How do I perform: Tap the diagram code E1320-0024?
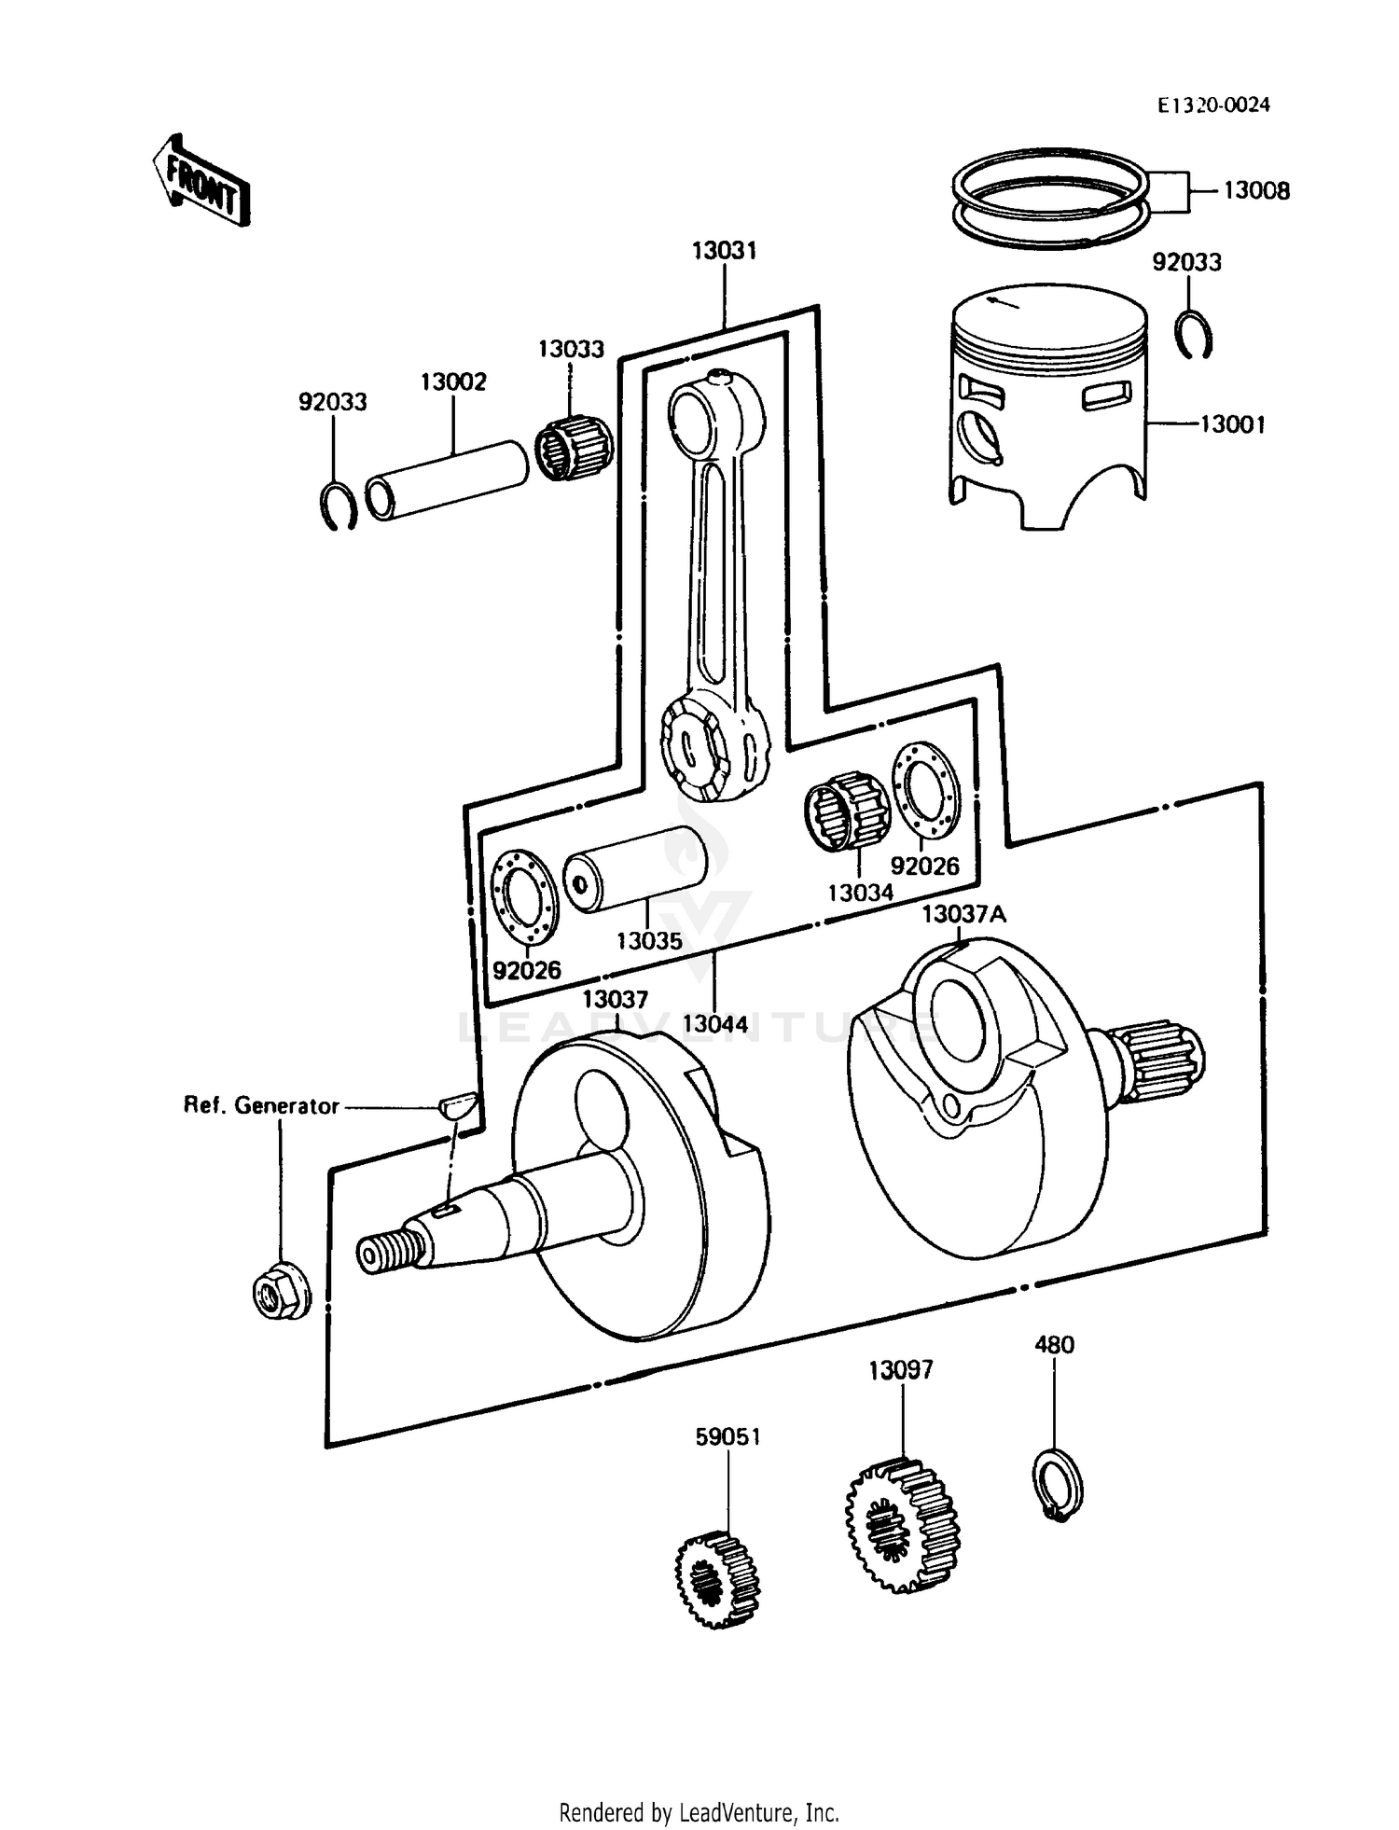coord(1213,105)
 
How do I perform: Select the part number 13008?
coord(1256,191)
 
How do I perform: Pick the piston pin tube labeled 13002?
coord(446,478)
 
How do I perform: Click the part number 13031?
coord(724,251)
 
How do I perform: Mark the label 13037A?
coord(963,915)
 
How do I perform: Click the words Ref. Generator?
coord(261,1106)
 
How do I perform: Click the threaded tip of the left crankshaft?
coord(385,1253)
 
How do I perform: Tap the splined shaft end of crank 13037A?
coord(1163,1059)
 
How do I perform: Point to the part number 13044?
coord(714,1024)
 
